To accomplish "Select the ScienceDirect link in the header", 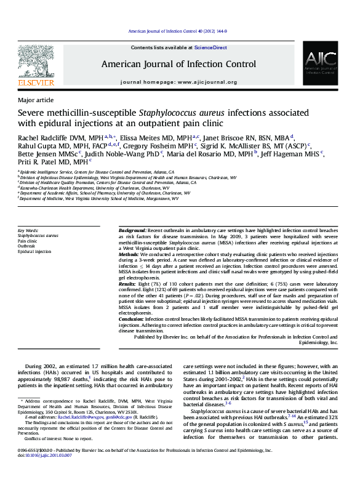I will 210,47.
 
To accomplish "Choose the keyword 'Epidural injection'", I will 34,252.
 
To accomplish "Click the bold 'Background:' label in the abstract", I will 132,229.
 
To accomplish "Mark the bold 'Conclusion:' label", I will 132,319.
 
